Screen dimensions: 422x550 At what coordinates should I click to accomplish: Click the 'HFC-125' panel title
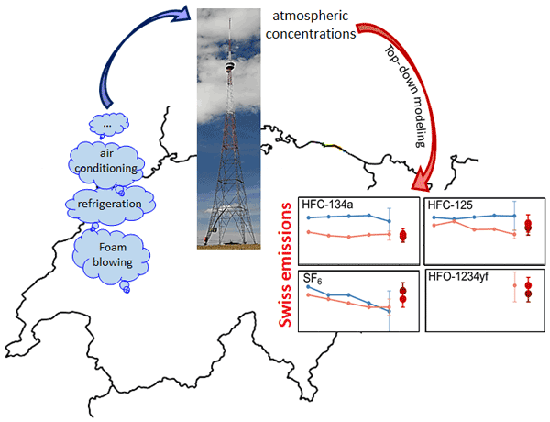pyautogui.click(x=452, y=205)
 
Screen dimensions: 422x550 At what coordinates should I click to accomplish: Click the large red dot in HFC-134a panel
pyautogui.click(x=403, y=236)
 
